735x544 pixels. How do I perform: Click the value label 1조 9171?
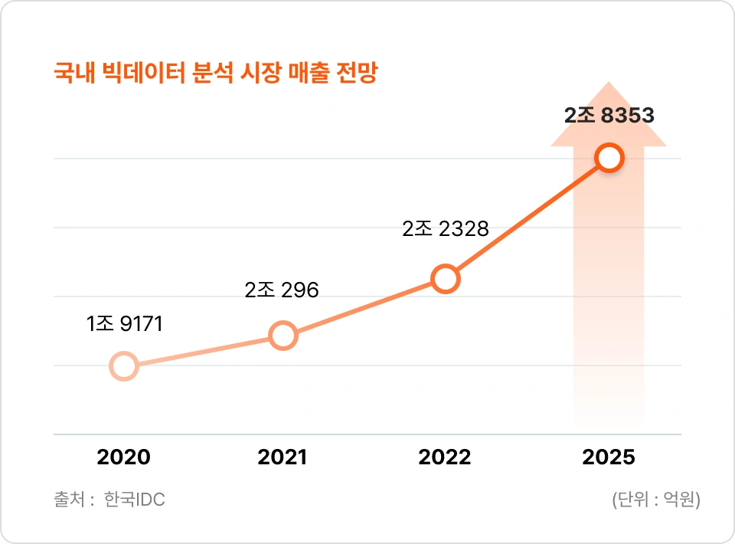coord(124,323)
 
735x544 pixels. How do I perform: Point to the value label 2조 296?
coord(282,290)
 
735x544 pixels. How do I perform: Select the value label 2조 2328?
coord(446,228)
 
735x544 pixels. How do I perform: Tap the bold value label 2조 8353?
coord(609,115)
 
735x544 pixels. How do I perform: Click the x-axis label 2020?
coord(124,457)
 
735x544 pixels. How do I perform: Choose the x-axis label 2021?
coord(283,457)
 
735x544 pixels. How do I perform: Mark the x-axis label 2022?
coord(445,457)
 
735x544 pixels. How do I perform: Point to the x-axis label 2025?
coord(609,457)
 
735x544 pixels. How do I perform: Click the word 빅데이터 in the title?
coord(144,73)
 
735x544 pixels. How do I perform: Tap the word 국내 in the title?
coord(74,73)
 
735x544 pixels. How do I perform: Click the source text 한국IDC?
coord(135,500)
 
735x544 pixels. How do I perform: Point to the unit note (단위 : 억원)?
coord(656,500)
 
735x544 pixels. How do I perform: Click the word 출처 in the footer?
coord(70,500)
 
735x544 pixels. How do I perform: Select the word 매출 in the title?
coord(308,73)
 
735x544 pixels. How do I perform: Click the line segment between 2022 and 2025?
coord(528,218)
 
